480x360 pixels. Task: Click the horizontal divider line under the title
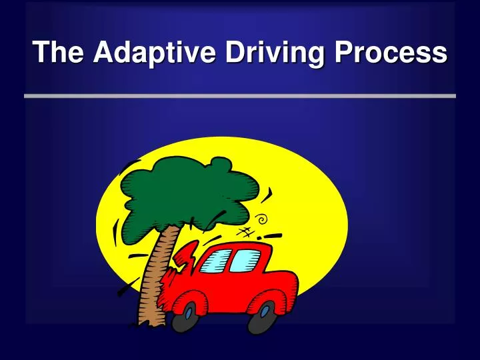[240, 96]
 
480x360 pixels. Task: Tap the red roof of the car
[241, 245]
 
